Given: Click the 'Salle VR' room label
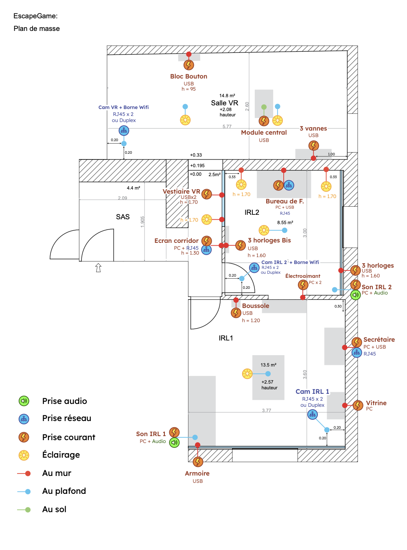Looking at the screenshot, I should (224, 103).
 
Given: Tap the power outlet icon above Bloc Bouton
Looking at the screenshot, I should (188, 65).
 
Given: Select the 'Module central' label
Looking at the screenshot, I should (264, 133).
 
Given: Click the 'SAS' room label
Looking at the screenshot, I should (123, 217).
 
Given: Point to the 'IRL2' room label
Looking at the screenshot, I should (252, 212).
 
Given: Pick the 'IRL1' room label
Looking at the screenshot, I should (226, 338).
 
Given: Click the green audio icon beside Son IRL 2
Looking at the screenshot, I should (355, 295).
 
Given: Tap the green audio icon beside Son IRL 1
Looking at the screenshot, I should (174, 442).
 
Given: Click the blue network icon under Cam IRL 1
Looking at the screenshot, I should (312, 415).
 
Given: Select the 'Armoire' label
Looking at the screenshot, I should (197, 474).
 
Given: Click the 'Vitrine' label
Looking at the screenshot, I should (376, 403).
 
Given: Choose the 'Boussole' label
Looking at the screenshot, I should (256, 306).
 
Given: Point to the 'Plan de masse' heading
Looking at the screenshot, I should (37, 28).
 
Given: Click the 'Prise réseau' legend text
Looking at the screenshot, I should (67, 418).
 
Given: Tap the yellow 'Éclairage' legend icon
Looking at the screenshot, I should (24, 455).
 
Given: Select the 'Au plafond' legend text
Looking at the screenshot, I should (64, 491).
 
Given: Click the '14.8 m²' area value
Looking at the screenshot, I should (227, 96).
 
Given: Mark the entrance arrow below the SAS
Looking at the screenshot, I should (98, 267).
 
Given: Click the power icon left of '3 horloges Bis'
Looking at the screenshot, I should (241, 245).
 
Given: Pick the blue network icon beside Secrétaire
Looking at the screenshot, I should (357, 353).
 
